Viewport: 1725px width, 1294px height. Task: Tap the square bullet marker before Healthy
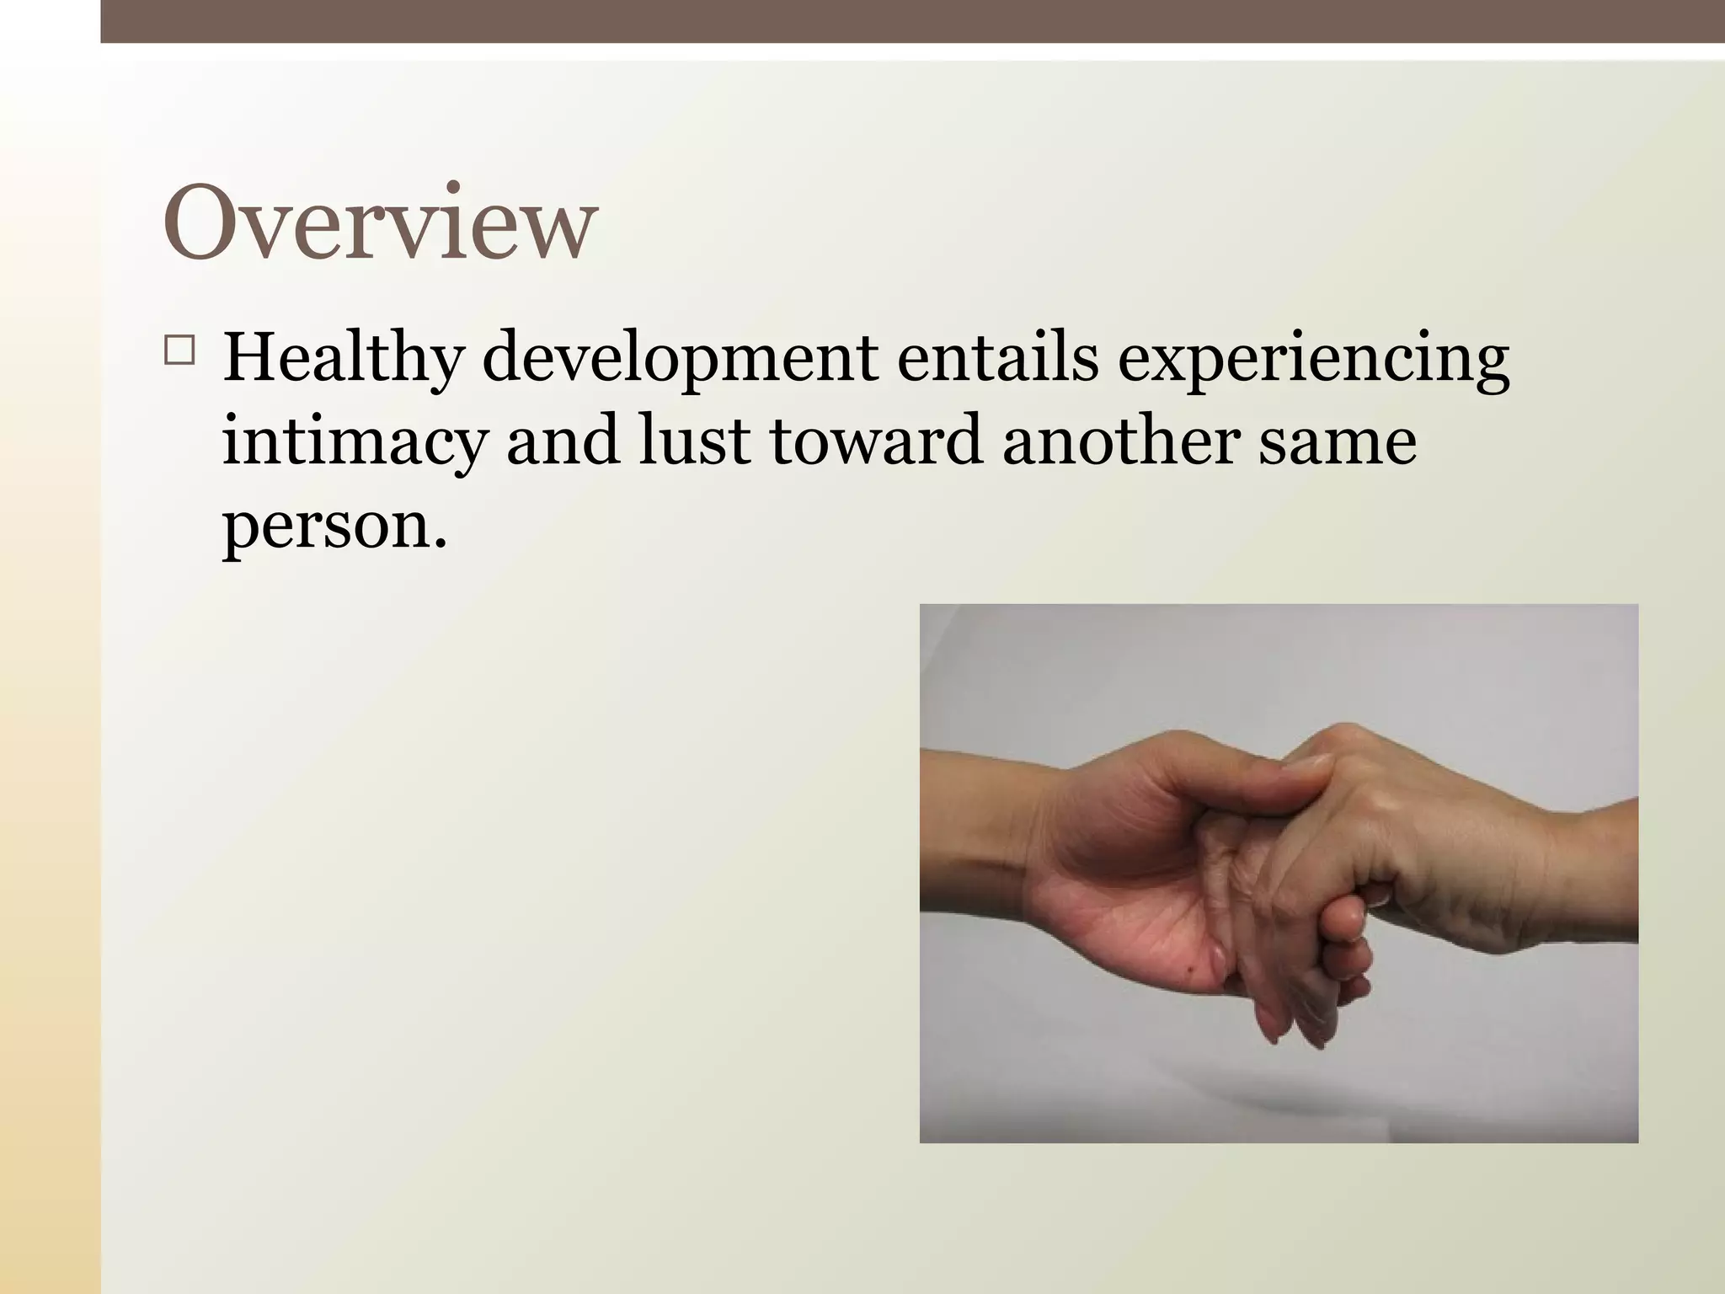179,350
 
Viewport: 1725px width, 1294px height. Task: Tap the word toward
876,441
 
